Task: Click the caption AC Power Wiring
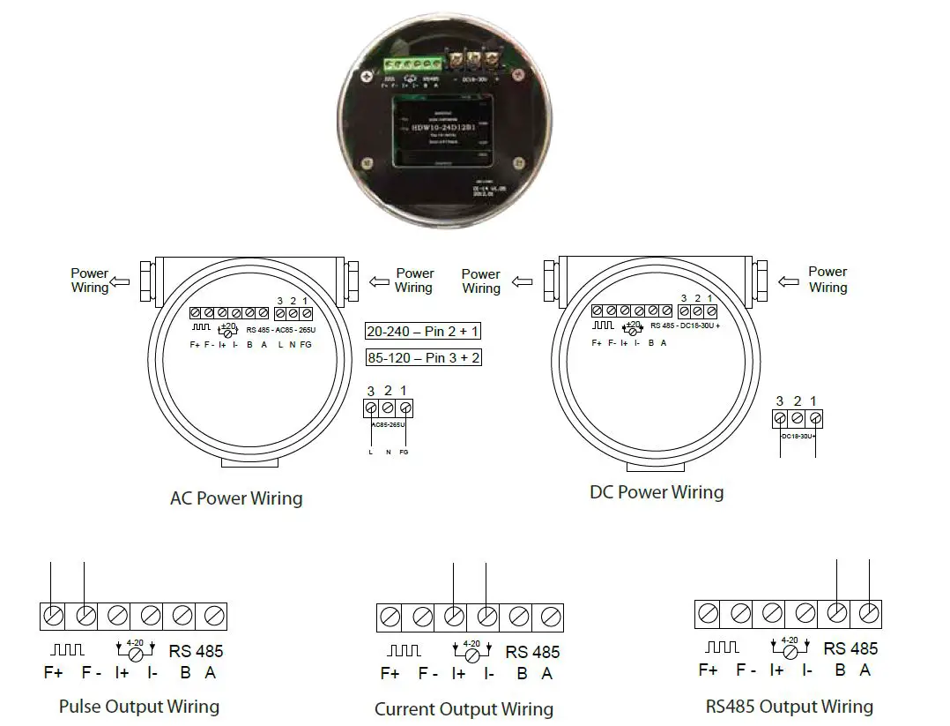[x=236, y=498]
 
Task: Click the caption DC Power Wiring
[x=657, y=492]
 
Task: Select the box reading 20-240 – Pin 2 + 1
[x=423, y=332]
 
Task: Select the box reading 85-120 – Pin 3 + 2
[x=423, y=358]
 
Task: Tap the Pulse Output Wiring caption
[x=139, y=707]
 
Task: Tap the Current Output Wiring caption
[x=464, y=709]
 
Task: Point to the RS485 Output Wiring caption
[x=789, y=707]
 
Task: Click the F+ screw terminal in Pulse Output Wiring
[x=54, y=616]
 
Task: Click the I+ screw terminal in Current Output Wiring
[x=454, y=617]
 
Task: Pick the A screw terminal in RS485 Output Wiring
[x=869, y=613]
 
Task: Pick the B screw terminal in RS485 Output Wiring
[x=837, y=613]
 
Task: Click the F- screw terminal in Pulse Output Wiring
[x=85, y=616]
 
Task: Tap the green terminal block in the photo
[x=412, y=64]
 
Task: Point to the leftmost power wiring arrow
[x=121, y=281]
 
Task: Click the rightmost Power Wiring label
[x=828, y=280]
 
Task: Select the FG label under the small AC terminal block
[x=404, y=452]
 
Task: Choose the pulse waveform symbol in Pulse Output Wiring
[x=68, y=650]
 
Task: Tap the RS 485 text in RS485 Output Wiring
[x=850, y=648]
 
